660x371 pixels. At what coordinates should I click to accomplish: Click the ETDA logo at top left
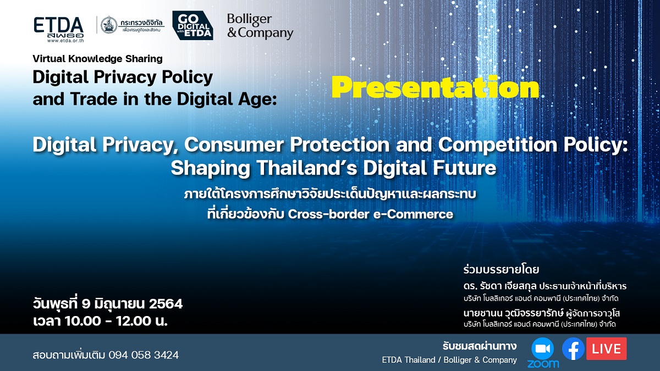58,26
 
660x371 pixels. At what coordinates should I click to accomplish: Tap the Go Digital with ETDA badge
192,25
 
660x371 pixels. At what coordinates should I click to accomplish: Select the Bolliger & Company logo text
260,26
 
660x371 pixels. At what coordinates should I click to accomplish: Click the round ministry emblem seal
108,25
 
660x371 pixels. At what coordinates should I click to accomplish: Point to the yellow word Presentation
435,87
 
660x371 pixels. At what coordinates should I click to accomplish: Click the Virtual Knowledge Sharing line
97,58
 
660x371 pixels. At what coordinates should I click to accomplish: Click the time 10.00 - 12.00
110,321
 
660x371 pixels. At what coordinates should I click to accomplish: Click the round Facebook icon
573,348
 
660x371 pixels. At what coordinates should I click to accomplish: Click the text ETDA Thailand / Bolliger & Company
449,360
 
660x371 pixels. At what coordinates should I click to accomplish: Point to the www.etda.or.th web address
58,41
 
